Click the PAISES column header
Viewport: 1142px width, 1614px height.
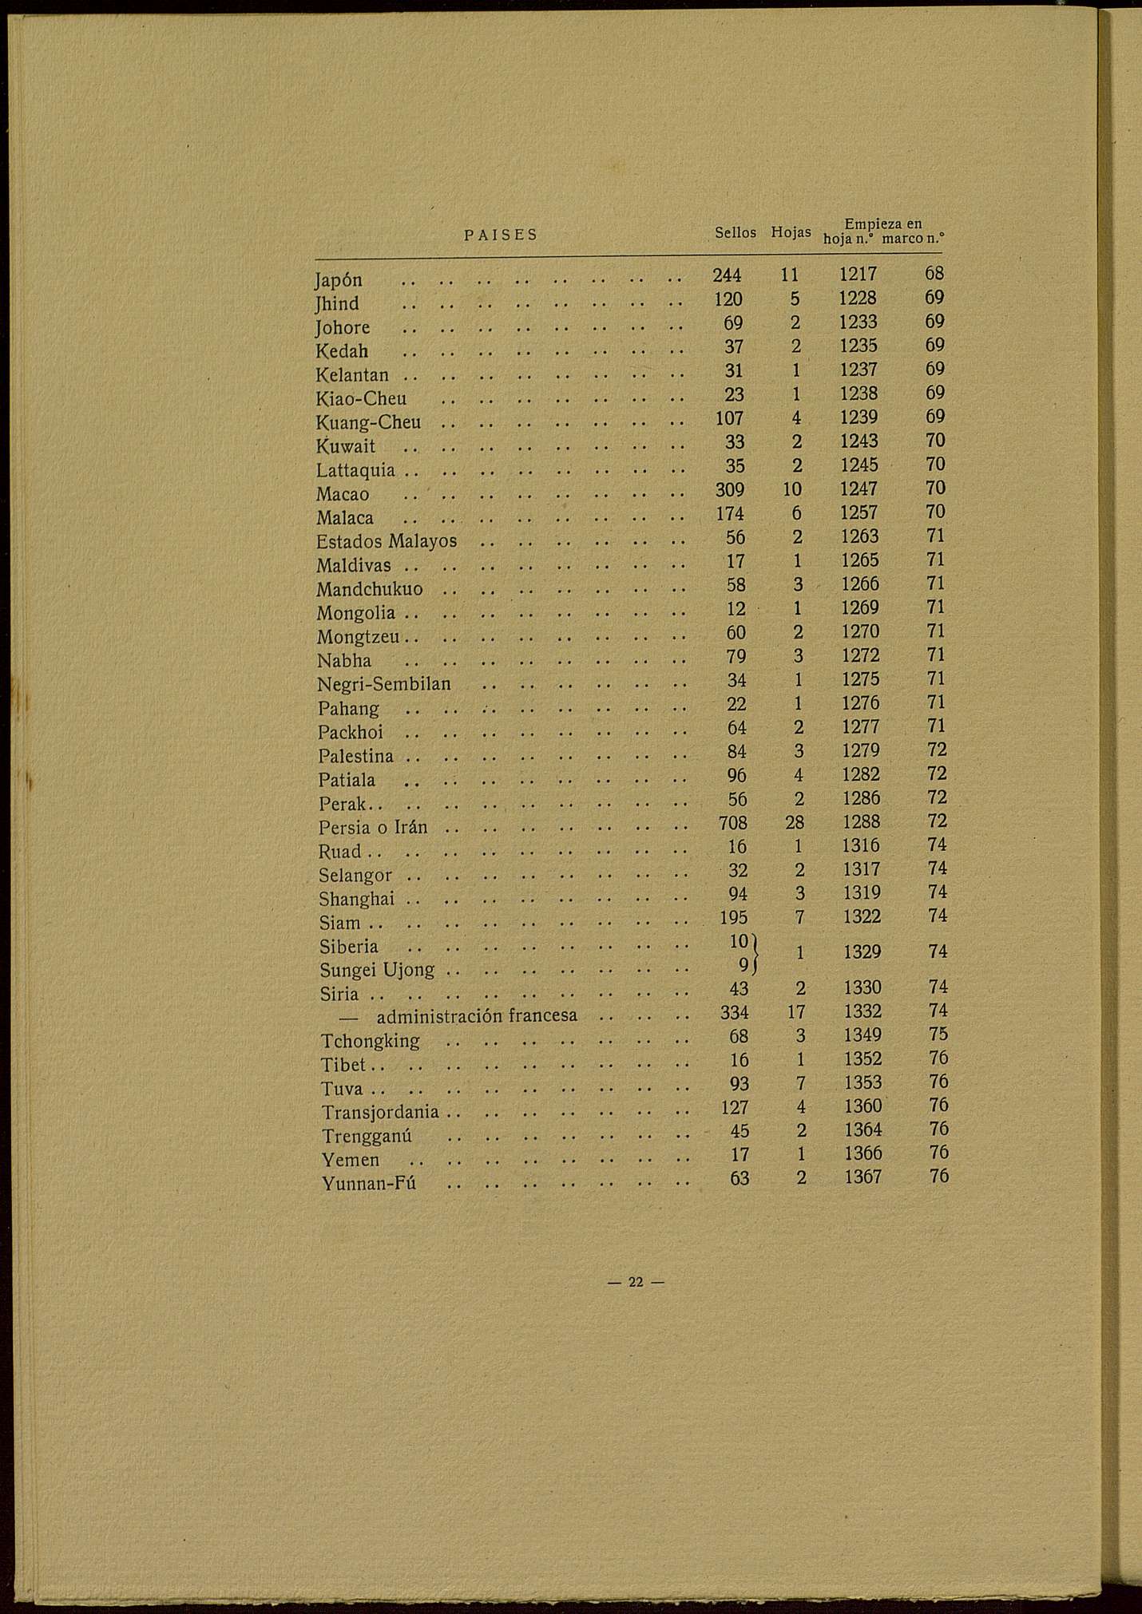(501, 235)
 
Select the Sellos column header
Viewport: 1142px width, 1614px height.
(735, 233)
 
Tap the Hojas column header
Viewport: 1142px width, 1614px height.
(791, 233)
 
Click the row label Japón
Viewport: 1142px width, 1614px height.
(339, 280)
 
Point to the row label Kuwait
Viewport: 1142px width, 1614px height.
(346, 446)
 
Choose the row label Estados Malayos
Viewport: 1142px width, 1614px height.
(387, 541)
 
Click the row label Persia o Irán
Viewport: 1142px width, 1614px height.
(373, 827)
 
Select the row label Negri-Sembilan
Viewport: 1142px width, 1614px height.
(384, 684)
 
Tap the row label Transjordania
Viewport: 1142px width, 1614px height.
(380, 1112)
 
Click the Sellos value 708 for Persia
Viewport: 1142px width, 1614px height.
(732, 822)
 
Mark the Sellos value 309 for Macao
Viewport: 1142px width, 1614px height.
(730, 489)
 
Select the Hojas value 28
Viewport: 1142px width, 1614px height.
(794, 822)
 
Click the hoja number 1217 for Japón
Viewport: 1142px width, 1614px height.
(858, 275)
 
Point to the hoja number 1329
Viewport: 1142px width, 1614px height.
(862, 952)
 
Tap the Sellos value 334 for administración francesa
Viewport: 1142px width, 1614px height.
(734, 1012)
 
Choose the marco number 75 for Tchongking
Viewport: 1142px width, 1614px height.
(938, 1034)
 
